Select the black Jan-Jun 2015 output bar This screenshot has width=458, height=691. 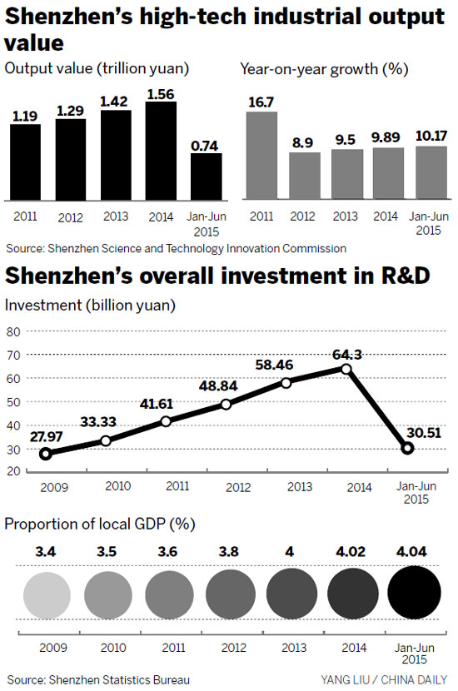206,176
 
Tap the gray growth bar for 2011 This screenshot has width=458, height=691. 262,156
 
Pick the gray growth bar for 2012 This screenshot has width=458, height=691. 304,176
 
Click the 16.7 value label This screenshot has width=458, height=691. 262,102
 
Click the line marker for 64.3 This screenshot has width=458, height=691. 346,369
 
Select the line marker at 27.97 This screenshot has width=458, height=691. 45,454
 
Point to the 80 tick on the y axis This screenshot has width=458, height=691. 13,331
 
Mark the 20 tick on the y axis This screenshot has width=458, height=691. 13,471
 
